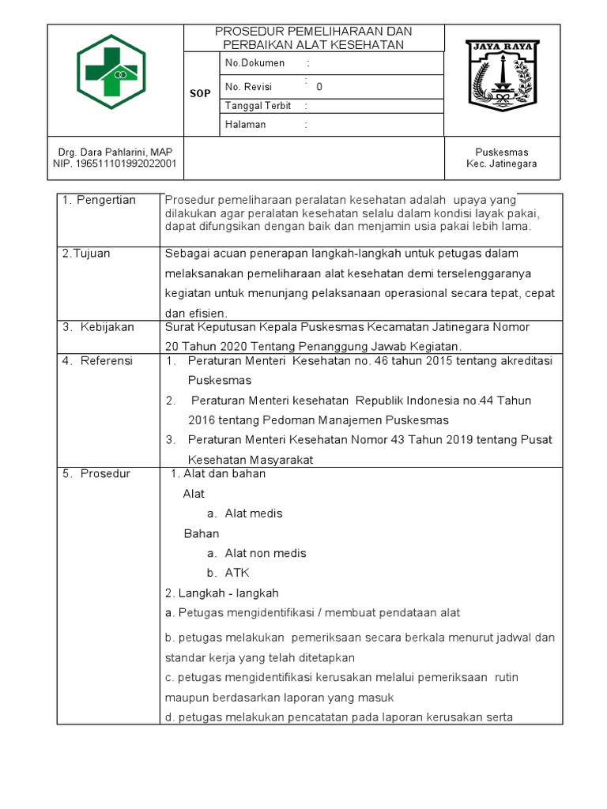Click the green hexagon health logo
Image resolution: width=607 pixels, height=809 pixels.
click(x=111, y=72)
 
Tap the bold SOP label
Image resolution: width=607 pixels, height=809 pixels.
click(x=200, y=93)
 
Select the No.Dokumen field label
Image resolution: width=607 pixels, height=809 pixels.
click(x=254, y=63)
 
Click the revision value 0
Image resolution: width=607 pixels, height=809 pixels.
click(x=319, y=87)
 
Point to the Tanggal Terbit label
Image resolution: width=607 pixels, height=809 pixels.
click(x=258, y=106)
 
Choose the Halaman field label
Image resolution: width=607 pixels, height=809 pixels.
click(x=246, y=125)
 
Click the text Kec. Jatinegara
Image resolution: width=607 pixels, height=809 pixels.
click(x=502, y=164)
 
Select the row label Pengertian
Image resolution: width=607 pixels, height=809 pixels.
click(x=105, y=200)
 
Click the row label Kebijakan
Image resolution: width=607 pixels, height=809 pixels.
click(x=107, y=326)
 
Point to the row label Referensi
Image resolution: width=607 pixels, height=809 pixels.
click(x=107, y=360)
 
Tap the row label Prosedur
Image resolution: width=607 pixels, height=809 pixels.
click(x=105, y=474)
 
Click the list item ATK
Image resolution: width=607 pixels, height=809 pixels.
click(x=237, y=573)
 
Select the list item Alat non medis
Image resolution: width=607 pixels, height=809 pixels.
click(x=266, y=553)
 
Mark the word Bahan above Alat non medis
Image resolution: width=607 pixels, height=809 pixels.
click(x=201, y=533)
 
